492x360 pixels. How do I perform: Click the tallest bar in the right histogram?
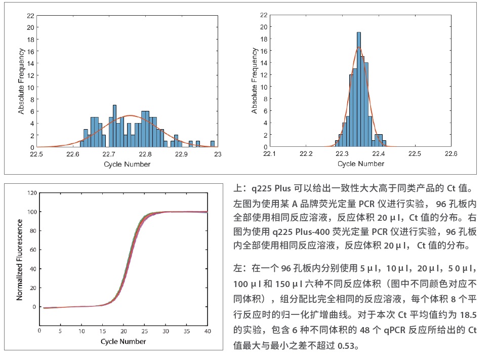tap(359, 90)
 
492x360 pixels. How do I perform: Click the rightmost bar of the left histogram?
tap(213, 144)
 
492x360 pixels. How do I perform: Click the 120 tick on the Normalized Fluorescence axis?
tap(32, 193)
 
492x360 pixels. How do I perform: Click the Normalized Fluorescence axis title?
tap(20, 259)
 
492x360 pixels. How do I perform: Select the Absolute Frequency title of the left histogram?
tap(21, 81)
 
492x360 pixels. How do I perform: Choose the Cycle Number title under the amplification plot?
tap(123, 341)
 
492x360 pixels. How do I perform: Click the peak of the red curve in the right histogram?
tap(359, 48)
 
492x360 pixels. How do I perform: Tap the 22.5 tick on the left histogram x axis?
tap(37, 154)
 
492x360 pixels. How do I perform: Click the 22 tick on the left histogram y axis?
tap(30, 15)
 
